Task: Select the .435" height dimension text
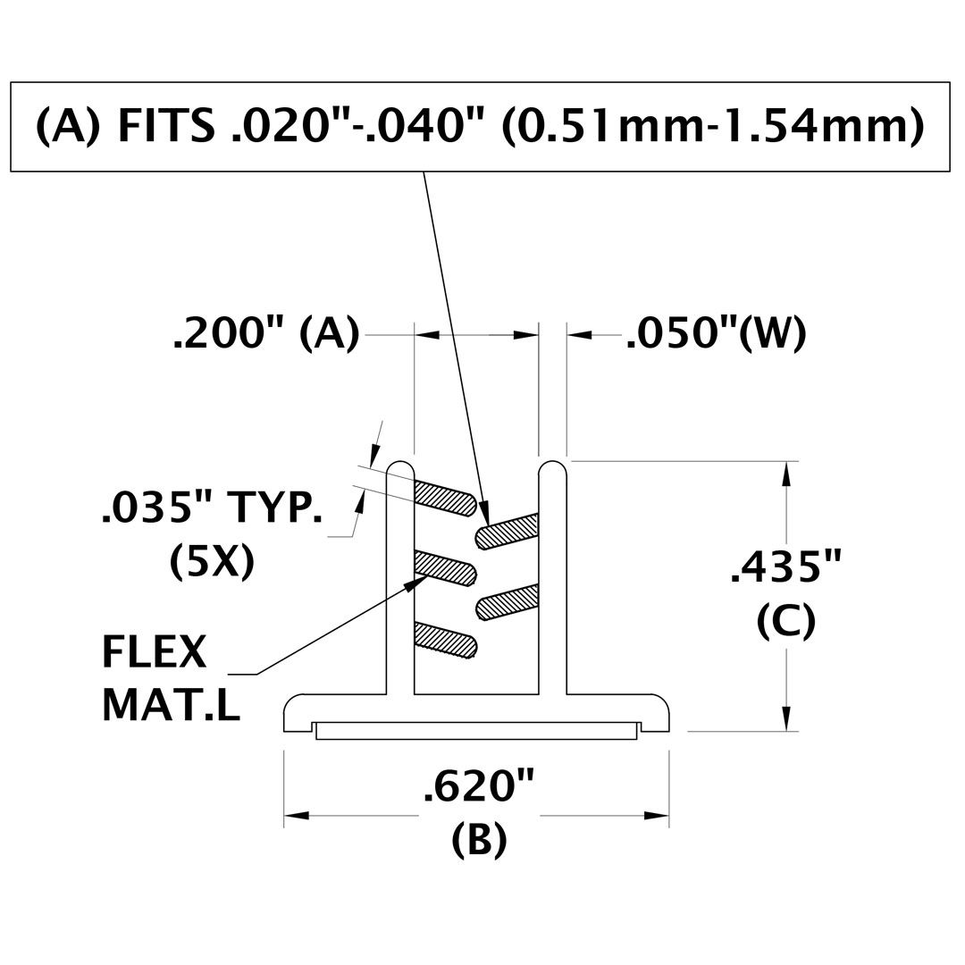point(785,566)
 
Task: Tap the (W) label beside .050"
point(772,335)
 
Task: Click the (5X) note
point(212,562)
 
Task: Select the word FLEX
point(155,652)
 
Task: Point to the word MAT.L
point(171,705)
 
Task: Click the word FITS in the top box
point(166,126)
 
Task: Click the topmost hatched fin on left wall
point(444,498)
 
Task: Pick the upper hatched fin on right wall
point(508,531)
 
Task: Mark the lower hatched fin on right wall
point(508,602)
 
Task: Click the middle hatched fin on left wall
point(444,568)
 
